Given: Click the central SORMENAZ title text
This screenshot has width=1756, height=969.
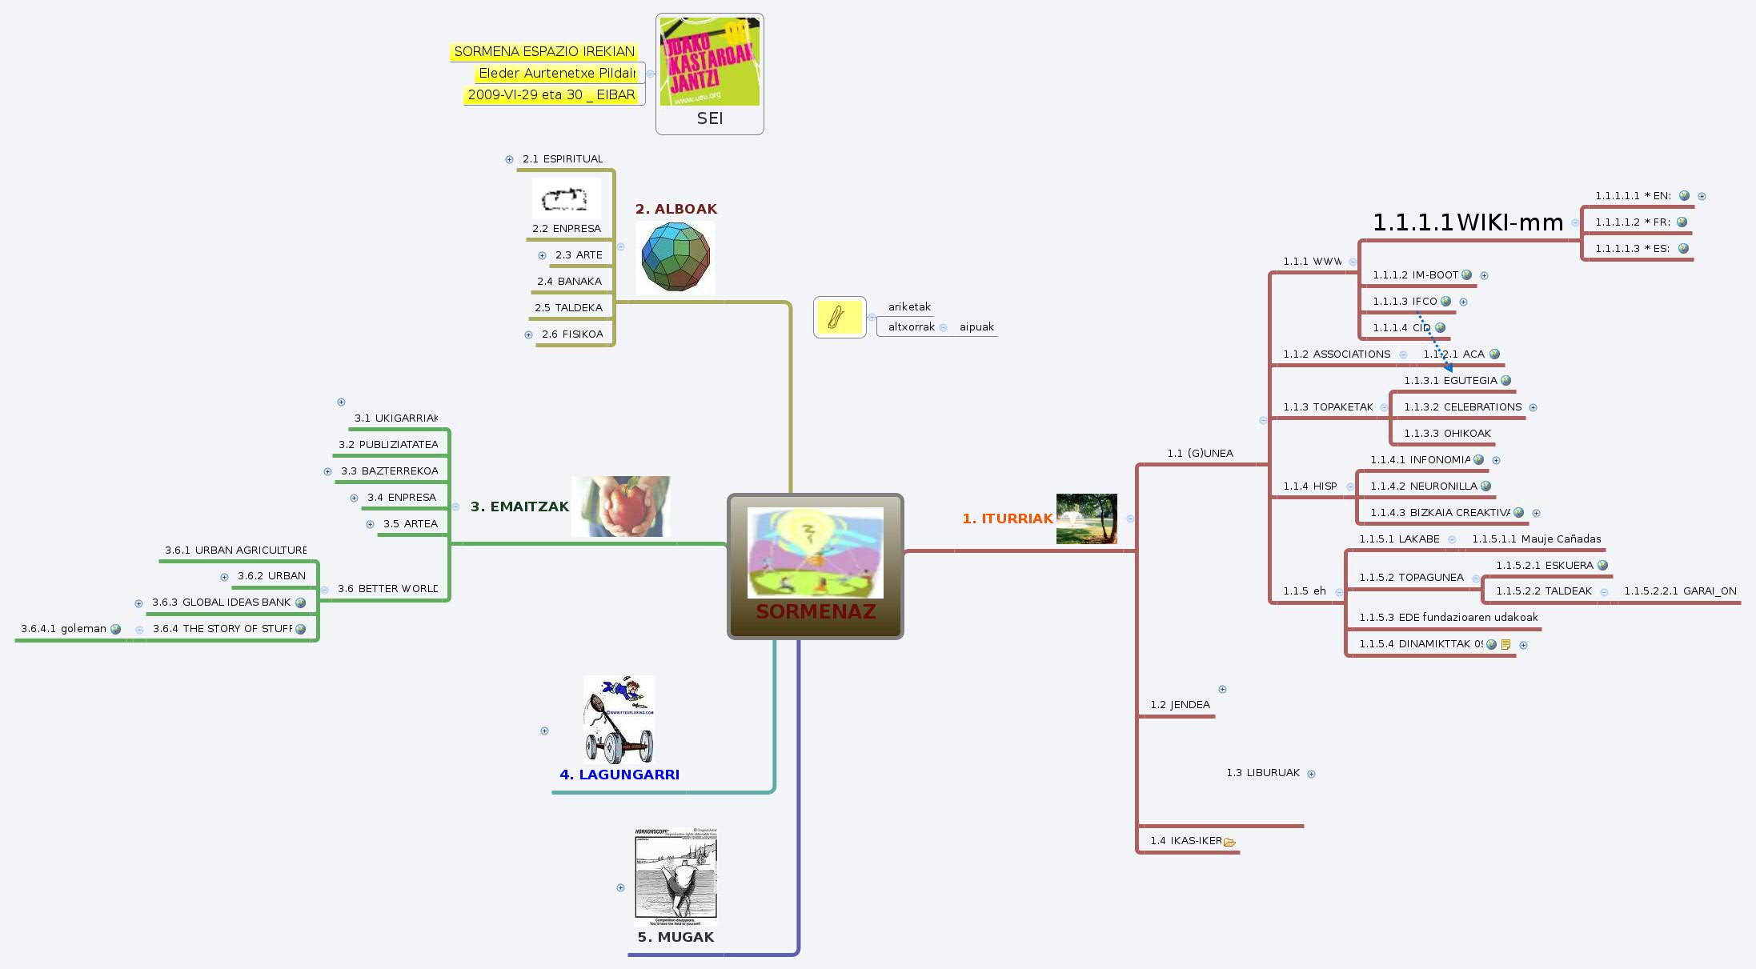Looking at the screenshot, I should click(x=816, y=612).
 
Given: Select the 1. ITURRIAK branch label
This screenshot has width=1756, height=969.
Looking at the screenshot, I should click(x=1008, y=519).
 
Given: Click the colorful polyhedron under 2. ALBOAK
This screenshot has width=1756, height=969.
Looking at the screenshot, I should click(x=676, y=257).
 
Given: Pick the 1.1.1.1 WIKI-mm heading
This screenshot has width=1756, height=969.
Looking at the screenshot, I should click(x=1468, y=222).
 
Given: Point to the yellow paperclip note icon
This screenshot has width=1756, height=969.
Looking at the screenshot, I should click(x=838, y=318).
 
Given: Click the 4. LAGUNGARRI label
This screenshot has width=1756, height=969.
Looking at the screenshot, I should click(x=619, y=775).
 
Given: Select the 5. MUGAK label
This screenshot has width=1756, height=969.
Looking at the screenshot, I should click(x=676, y=937).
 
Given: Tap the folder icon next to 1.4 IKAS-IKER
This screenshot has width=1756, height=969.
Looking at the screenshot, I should click(x=1229, y=842).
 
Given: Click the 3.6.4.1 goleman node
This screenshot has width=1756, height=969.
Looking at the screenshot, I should click(x=63, y=629).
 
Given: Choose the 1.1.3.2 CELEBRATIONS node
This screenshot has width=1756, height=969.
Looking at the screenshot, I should click(x=1462, y=407).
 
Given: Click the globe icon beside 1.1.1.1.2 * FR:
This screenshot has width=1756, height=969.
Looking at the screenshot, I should click(x=1682, y=222).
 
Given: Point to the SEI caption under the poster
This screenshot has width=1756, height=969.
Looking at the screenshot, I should click(x=709, y=118).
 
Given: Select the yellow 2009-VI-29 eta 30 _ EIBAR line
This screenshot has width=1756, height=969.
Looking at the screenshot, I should click(x=551, y=94).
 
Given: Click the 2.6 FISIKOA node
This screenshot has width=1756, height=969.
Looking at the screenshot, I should click(x=572, y=334).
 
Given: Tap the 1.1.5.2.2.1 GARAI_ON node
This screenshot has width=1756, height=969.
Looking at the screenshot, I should click(x=1680, y=591).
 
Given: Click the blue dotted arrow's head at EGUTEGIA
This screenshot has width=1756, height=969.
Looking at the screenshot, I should click(x=1449, y=367).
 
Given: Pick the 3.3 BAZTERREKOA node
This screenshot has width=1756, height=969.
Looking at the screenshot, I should click(x=389, y=471).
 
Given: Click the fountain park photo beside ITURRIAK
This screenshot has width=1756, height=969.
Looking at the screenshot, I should click(x=1086, y=519).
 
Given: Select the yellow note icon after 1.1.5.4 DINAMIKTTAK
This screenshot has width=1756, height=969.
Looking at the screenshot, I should click(x=1505, y=645).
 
